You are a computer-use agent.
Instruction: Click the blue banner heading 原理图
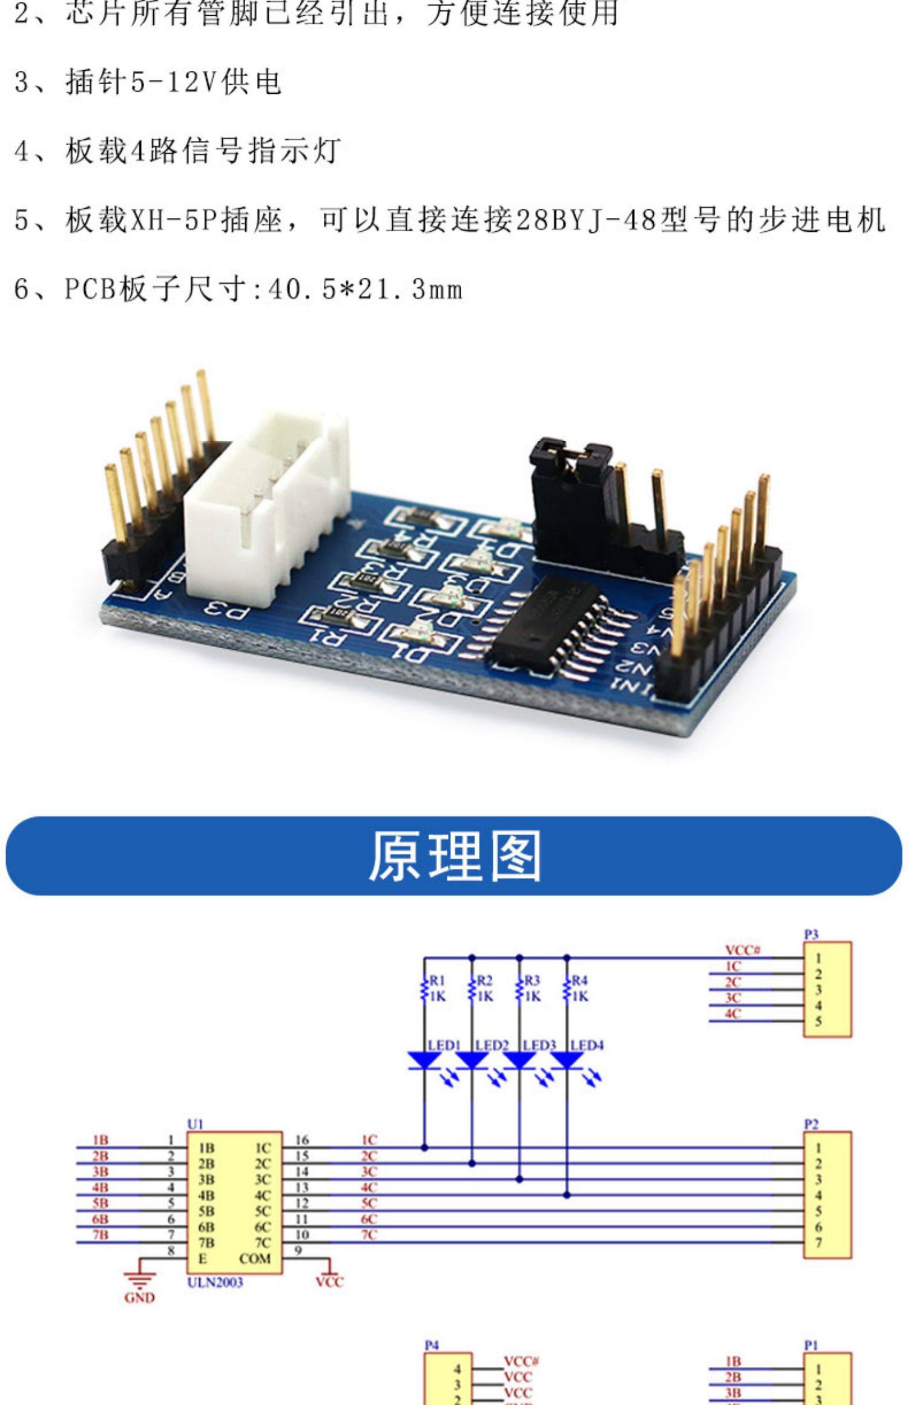[454, 856]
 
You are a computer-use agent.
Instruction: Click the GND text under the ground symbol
[139, 1298]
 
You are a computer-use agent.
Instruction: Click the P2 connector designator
[811, 1124]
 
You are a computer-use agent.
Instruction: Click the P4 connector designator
[431, 1345]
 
